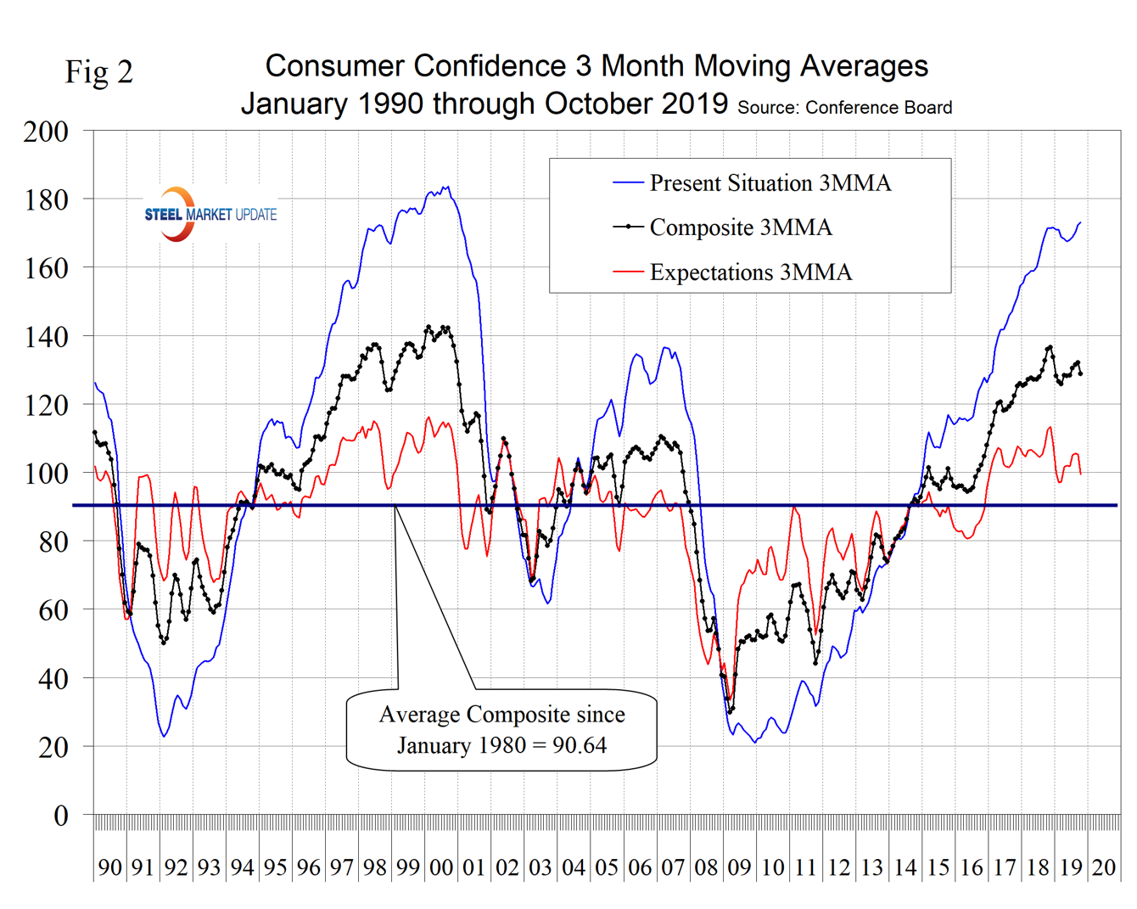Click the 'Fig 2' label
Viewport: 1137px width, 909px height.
pos(99,72)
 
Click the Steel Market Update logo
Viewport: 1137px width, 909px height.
pos(210,214)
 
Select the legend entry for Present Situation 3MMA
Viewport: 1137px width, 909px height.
pos(770,183)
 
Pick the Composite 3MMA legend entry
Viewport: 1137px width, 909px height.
pos(740,227)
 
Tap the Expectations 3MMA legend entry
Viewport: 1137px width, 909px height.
pos(750,272)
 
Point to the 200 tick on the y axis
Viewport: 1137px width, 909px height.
pos(46,132)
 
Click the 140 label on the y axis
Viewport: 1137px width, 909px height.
pos(46,337)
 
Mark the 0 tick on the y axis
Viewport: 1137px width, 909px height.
pos(60,816)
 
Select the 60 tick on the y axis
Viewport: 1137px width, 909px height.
pos(53,610)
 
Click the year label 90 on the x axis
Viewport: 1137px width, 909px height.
pos(110,867)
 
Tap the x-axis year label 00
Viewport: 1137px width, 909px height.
pos(441,867)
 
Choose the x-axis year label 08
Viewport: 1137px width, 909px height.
pos(706,867)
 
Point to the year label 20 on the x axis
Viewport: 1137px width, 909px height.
pos(1103,867)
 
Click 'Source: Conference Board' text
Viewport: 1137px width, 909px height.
pos(844,108)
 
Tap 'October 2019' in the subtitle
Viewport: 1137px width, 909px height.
pos(636,104)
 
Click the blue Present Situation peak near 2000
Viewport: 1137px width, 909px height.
pos(447,187)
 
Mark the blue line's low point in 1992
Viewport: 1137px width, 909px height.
pos(164,736)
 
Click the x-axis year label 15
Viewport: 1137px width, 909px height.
pos(938,867)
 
